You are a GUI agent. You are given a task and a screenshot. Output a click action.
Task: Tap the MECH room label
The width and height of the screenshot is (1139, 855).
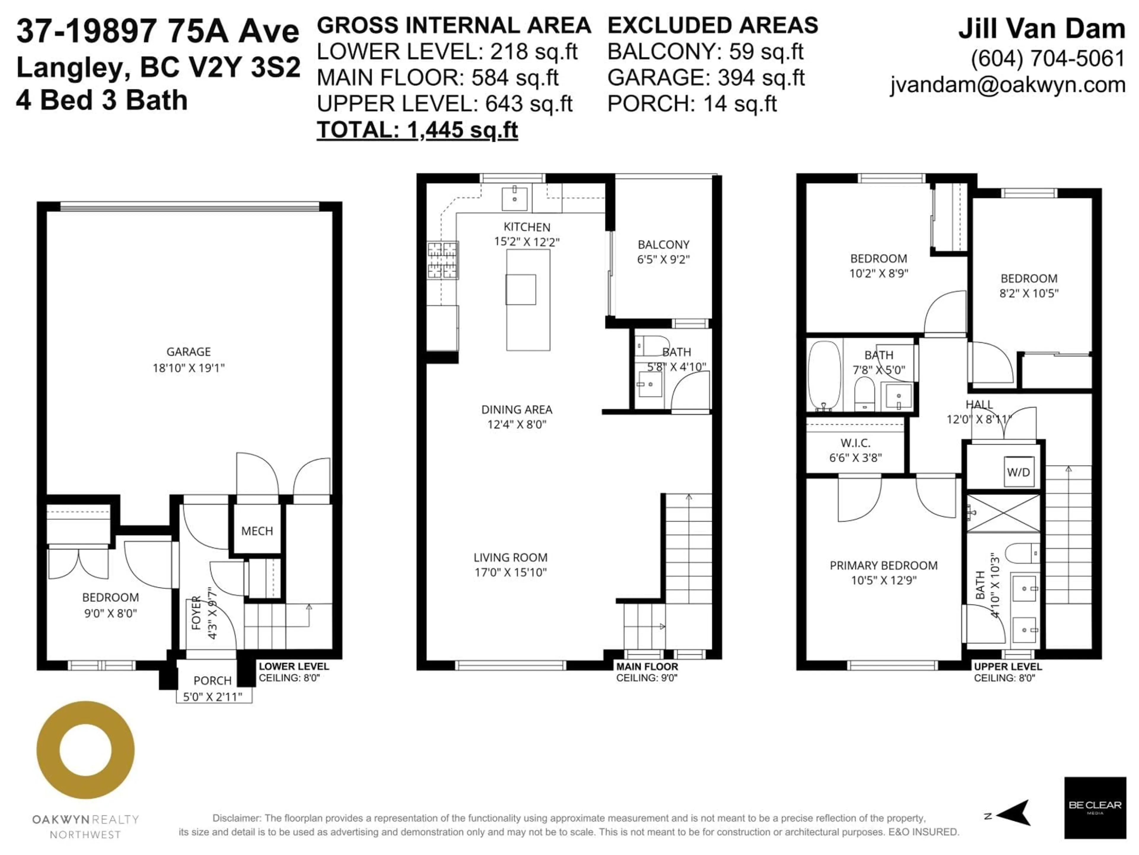[257, 531]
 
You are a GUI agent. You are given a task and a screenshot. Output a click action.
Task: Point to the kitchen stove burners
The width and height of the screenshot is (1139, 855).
[442, 260]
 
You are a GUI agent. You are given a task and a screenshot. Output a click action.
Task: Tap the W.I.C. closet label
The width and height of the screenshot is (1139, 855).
[855, 443]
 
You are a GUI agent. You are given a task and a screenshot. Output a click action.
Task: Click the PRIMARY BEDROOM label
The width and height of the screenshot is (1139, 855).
[884, 565]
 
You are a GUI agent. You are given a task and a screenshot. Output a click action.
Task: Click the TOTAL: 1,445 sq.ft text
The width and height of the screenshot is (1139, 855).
[417, 130]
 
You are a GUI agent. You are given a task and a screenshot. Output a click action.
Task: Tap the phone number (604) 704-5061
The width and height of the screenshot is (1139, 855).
[1048, 58]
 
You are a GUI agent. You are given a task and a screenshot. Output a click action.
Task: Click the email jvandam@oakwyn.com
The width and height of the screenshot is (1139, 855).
[1008, 85]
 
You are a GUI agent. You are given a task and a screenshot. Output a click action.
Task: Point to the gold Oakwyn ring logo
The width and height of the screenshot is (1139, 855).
[85, 750]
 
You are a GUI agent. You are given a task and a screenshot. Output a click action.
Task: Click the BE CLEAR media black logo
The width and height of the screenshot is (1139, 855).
[1095, 807]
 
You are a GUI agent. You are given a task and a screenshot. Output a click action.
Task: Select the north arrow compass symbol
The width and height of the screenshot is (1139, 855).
[1012, 813]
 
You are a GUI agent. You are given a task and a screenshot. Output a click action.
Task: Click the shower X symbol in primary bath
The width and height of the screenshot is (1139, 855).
[1003, 513]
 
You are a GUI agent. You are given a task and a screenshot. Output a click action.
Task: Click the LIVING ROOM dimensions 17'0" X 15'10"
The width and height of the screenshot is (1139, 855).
[510, 572]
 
